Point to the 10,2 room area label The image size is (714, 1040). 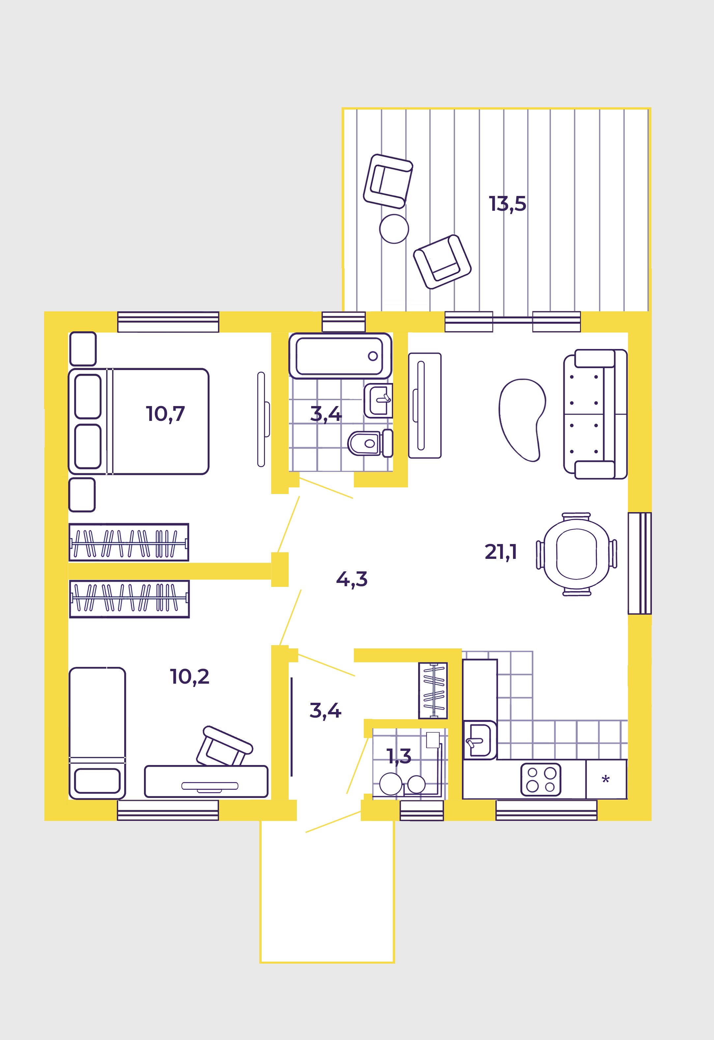(189, 677)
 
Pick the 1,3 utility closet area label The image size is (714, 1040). (399, 756)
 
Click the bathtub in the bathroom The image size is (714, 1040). (340, 356)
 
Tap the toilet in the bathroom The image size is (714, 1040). (370, 443)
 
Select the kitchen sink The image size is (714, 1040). (479, 740)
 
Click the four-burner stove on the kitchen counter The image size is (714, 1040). (541, 780)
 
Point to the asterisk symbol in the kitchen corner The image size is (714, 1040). (606, 780)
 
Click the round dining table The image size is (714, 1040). (577, 554)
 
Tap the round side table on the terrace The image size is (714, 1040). (394, 229)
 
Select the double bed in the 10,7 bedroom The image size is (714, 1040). (139, 421)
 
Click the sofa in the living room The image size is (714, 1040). (595, 414)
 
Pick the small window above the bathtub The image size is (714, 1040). (344, 322)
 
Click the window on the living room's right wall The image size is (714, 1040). (640, 563)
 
